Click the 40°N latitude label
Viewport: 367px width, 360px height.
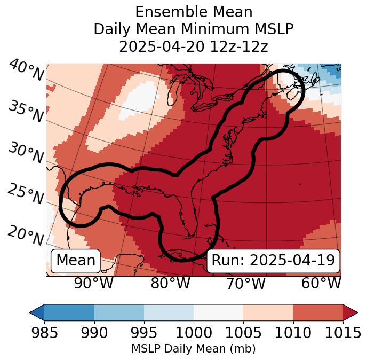26,71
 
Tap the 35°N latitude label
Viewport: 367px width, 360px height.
26,112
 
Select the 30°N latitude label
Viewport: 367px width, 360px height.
26,153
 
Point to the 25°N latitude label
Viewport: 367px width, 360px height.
26,194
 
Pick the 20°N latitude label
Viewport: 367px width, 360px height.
26,235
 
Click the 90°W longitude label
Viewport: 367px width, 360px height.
94,283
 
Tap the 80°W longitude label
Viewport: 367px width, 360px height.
170,283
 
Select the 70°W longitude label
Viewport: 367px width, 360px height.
246,283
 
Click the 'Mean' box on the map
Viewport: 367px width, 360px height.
76,261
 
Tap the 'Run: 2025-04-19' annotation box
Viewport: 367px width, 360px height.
273,261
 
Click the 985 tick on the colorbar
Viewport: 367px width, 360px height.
44,333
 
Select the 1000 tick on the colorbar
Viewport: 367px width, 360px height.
194,333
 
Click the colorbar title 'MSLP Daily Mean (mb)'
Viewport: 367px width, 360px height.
194,349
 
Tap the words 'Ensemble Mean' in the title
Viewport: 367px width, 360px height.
194,12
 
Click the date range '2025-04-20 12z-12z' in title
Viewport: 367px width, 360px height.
194,46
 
